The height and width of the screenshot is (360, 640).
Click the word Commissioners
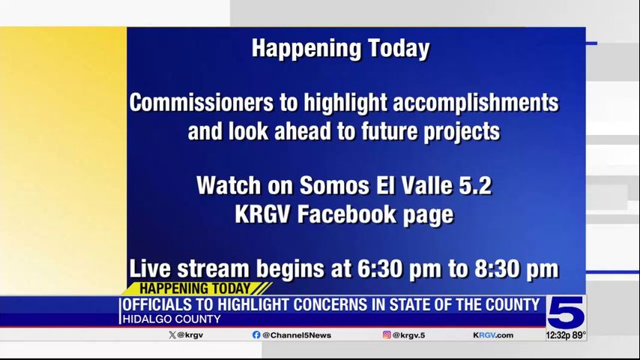[x=202, y=102]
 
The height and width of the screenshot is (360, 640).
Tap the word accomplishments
[x=476, y=103]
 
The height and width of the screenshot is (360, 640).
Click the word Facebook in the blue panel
[x=346, y=214]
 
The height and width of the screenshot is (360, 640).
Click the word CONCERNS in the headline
[x=331, y=304]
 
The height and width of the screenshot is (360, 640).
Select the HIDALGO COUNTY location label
[x=172, y=319]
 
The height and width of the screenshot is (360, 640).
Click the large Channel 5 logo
[x=566, y=313]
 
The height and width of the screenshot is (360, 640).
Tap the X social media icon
[x=172, y=335]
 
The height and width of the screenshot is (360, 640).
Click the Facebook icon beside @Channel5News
[x=256, y=335]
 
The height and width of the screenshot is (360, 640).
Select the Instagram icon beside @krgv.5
[x=387, y=334]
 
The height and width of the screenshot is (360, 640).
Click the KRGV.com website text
[x=493, y=335]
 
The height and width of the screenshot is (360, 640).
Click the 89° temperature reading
[x=579, y=335]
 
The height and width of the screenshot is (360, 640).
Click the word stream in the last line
[x=213, y=269]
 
